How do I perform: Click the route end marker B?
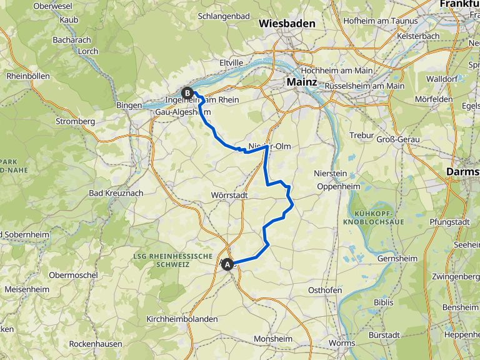click(x=187, y=93)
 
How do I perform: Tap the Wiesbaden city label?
click(x=287, y=23)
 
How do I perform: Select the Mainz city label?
click(x=302, y=81)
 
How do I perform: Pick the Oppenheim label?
click(x=337, y=186)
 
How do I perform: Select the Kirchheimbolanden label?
click(x=182, y=319)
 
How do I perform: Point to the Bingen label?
click(x=129, y=105)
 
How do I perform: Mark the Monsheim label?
click(x=273, y=339)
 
